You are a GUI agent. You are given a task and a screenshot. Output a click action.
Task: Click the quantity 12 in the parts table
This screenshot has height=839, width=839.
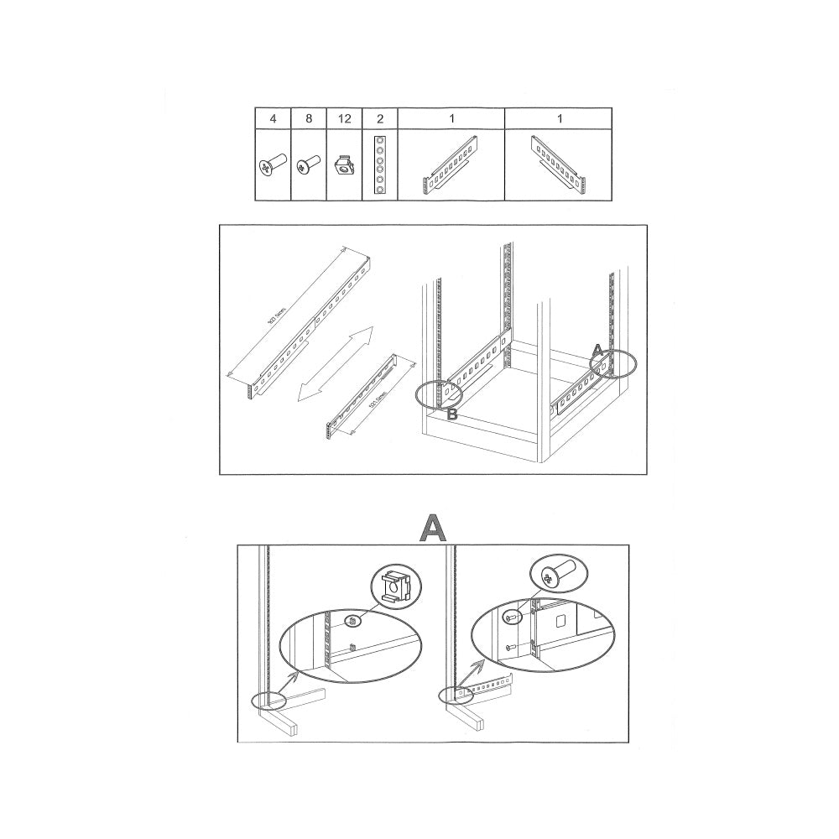(345, 119)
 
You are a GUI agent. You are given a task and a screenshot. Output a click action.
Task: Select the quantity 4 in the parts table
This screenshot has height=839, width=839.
(273, 119)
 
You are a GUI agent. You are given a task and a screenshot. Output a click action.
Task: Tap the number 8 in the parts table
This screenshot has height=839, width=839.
(309, 119)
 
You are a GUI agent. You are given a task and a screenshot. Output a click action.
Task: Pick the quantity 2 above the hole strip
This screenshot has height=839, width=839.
(380, 119)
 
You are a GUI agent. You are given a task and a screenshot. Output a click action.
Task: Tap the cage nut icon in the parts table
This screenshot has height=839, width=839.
(344, 165)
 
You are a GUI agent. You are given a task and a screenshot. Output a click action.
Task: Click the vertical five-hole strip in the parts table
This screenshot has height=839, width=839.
(380, 164)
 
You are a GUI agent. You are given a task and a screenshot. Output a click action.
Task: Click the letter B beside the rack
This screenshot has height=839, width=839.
(451, 414)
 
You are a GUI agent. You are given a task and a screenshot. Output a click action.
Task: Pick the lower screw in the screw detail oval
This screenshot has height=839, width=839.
(510, 646)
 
